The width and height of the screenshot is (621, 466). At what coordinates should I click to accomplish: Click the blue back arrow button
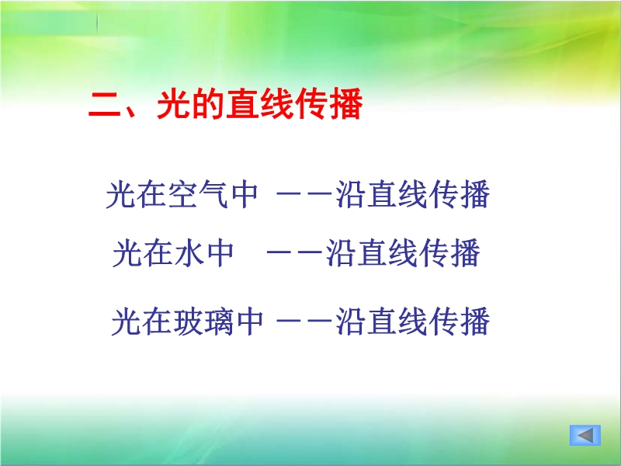click(x=585, y=436)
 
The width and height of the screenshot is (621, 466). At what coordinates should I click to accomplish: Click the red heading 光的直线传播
click(x=260, y=104)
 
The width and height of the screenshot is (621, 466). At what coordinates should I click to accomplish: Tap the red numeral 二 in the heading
click(x=105, y=104)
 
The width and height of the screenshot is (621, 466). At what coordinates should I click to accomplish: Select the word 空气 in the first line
click(x=198, y=194)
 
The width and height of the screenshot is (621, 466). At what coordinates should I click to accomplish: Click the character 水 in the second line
click(x=189, y=252)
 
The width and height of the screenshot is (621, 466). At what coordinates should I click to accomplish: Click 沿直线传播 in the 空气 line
click(x=413, y=194)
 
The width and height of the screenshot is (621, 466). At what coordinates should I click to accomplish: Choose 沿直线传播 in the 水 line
click(x=403, y=252)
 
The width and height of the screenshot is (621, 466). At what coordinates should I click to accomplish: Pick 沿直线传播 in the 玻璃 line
click(x=413, y=322)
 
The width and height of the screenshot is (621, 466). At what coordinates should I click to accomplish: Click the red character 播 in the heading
click(x=345, y=104)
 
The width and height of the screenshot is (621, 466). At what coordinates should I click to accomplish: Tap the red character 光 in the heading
click(x=173, y=104)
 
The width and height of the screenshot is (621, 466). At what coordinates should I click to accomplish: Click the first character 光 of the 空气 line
click(x=121, y=194)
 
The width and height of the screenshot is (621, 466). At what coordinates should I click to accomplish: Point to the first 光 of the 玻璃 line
click(x=127, y=322)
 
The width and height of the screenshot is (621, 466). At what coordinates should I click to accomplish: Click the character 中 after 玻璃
click(x=250, y=322)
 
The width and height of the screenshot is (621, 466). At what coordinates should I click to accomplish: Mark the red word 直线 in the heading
click(x=260, y=104)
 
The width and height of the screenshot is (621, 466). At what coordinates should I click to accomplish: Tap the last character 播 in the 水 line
click(x=465, y=252)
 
